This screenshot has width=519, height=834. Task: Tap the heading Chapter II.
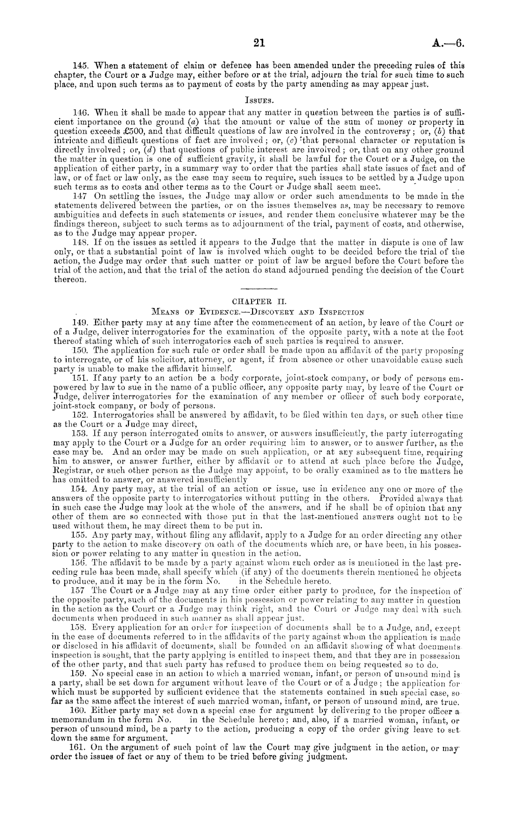point(259,301)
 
